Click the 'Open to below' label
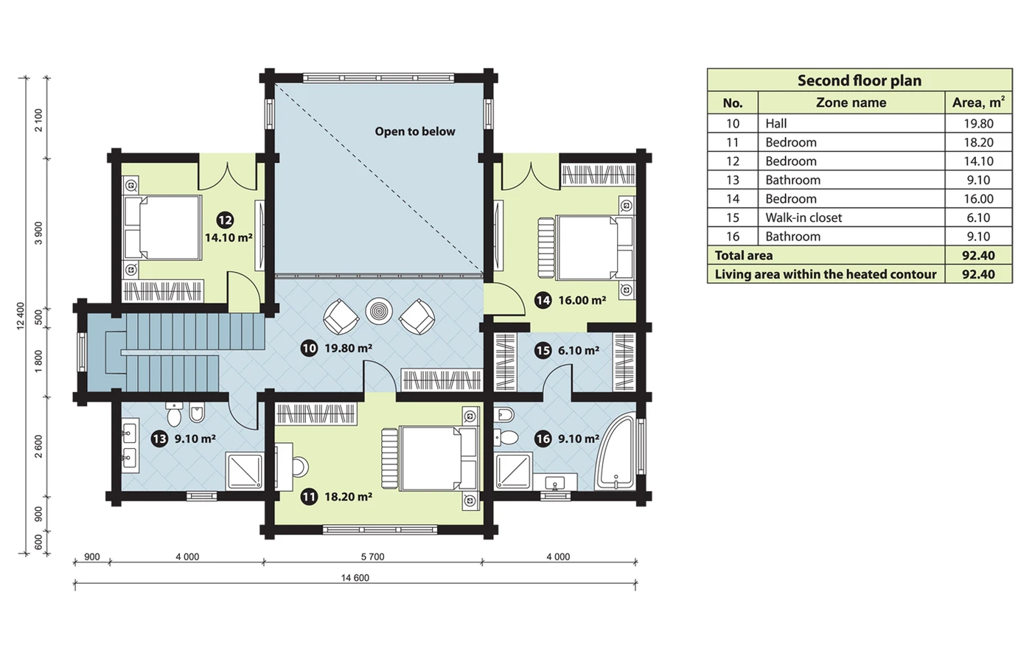(414, 132)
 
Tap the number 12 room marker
(225, 220)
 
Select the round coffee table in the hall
(379, 311)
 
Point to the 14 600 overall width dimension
(355, 578)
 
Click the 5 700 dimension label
(373, 557)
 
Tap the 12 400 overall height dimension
(21, 316)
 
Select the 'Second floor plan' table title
(860, 80)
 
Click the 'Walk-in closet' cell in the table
(803, 217)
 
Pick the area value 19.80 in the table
(979, 124)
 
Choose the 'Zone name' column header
(851, 102)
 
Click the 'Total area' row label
(744, 255)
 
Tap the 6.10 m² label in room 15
(579, 351)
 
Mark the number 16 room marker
(543, 439)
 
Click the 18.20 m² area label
(348, 497)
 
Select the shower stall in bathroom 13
(245, 471)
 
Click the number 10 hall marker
(309, 348)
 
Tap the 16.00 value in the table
(979, 199)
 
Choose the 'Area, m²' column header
(978, 102)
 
